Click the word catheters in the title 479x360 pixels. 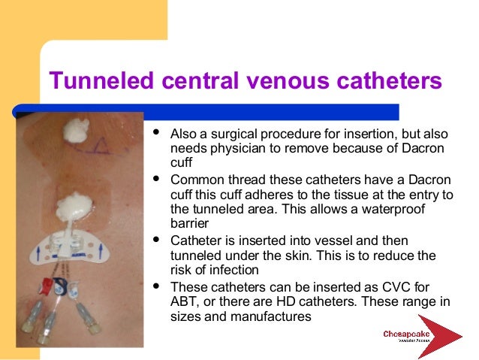(x=386, y=80)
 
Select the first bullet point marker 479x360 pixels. (x=156, y=133)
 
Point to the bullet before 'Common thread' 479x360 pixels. (x=156, y=180)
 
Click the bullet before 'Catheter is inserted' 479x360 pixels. (x=156, y=241)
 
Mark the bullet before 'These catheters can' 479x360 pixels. (x=156, y=286)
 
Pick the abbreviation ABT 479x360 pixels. (x=183, y=301)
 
